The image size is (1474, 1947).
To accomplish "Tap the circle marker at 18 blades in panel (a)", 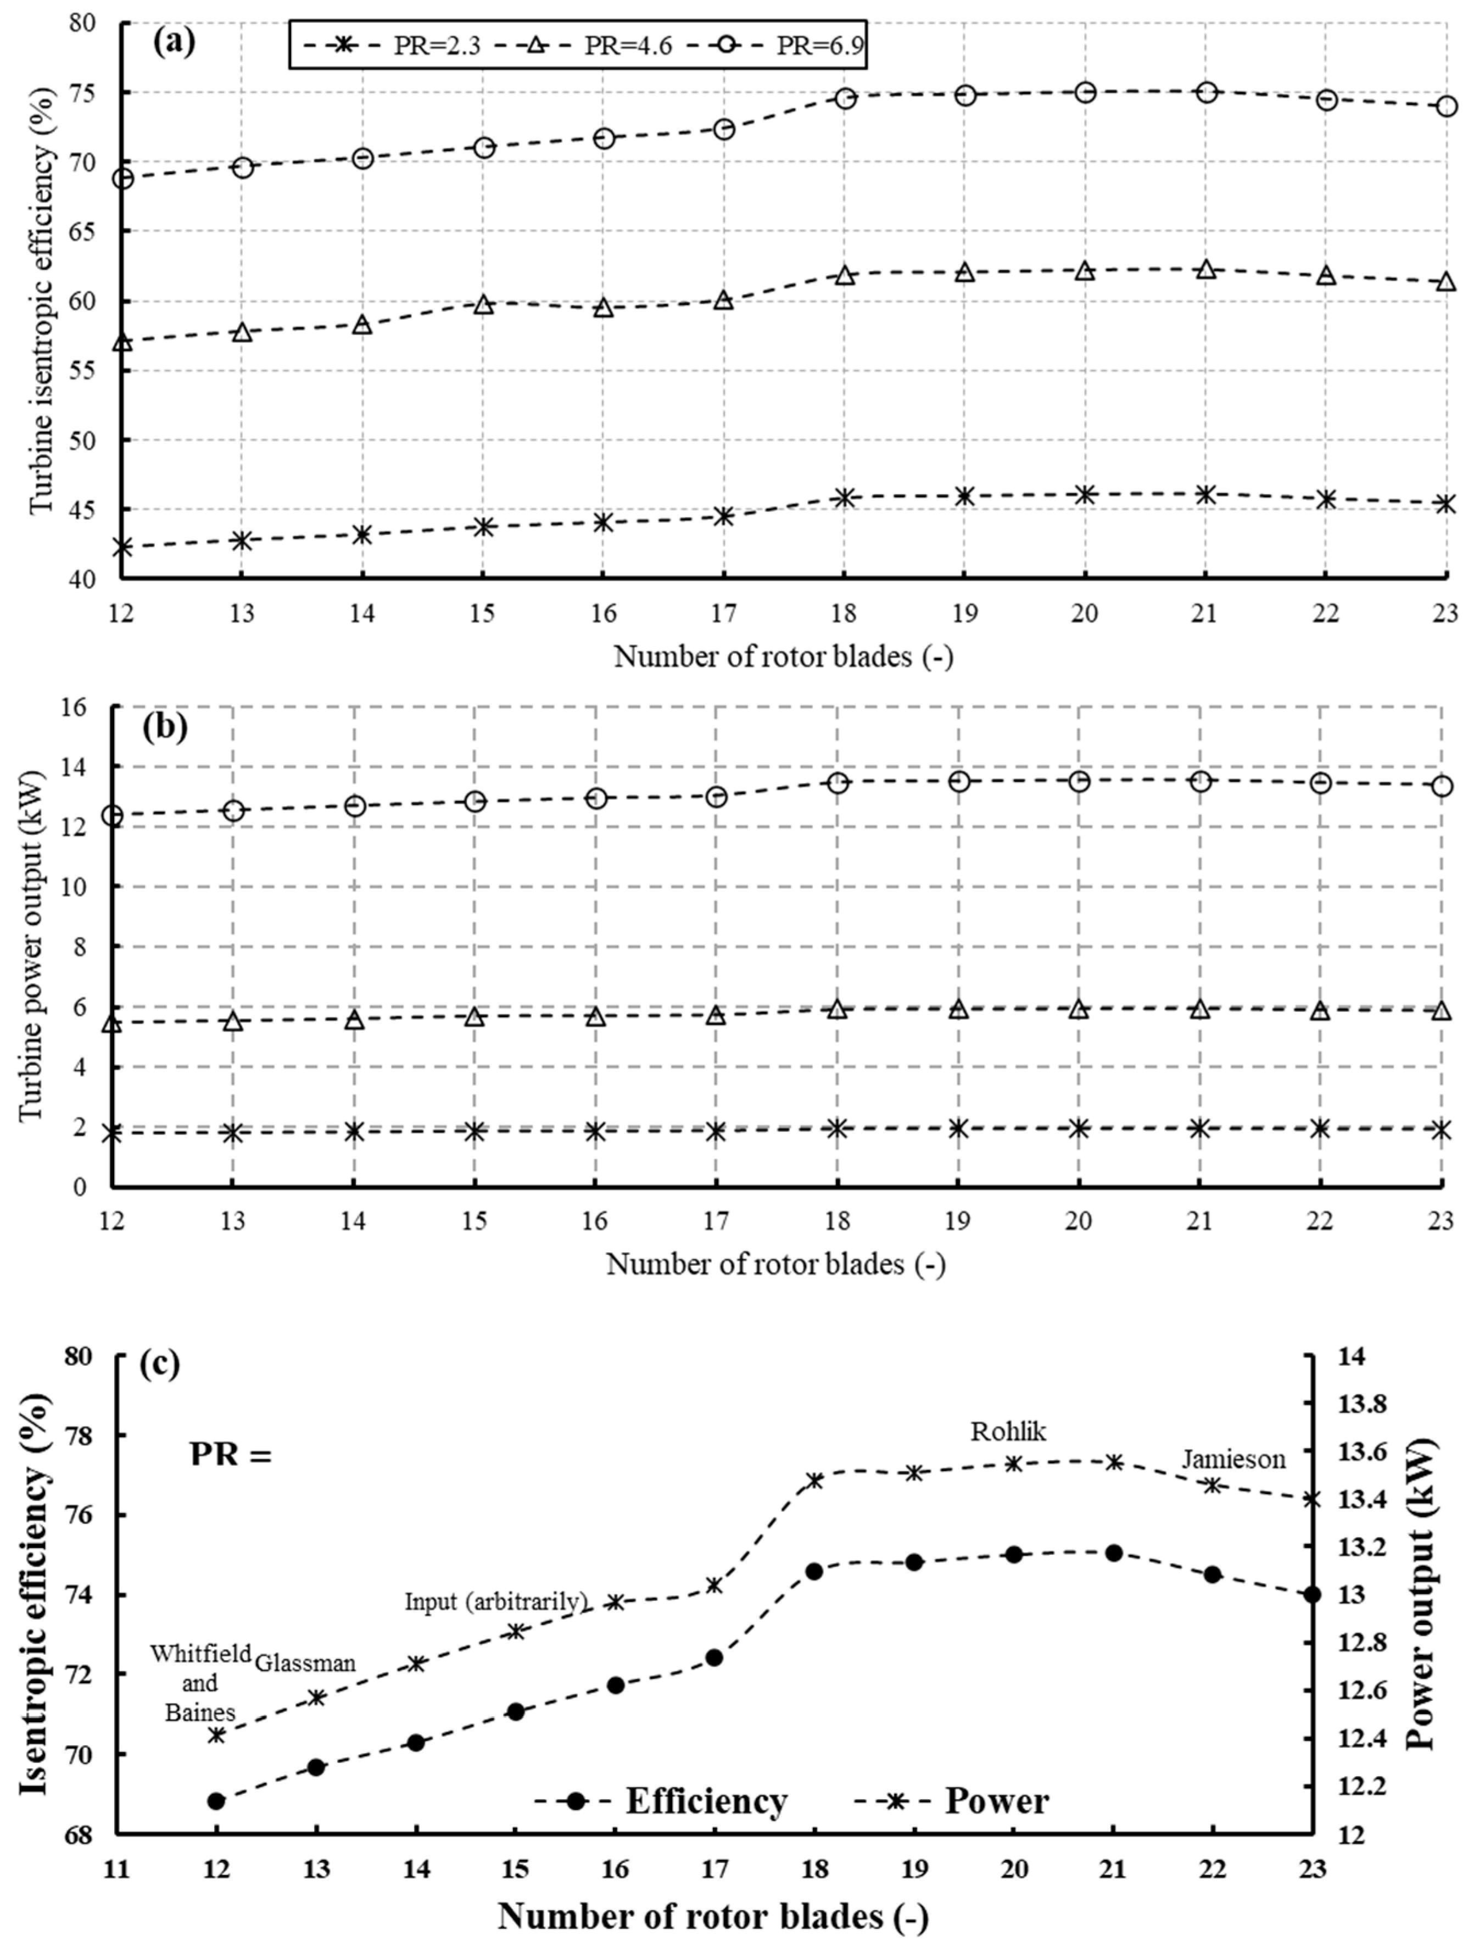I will coord(845,98).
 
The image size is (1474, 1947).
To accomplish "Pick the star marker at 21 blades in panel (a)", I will coord(1205,494).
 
